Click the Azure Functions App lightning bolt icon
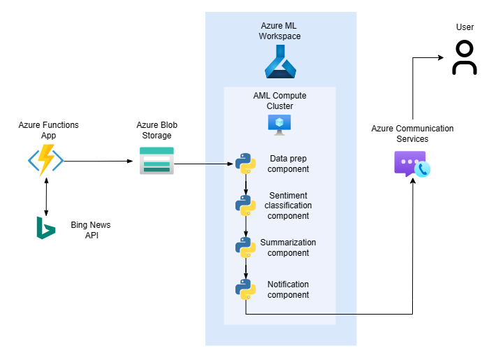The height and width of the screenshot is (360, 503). [x=46, y=160]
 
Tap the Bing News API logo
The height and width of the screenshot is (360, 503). [x=46, y=228]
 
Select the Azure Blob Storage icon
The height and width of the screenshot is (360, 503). [x=156, y=160]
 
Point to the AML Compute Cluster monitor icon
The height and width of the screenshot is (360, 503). [x=280, y=123]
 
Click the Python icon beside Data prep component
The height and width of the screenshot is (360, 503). [x=245, y=164]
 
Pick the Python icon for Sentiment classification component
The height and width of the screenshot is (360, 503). [x=245, y=205]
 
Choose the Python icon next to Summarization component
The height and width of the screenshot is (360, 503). [x=245, y=247]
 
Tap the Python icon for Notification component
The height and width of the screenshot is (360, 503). [x=245, y=289]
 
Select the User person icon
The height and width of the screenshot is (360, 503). [x=465, y=57]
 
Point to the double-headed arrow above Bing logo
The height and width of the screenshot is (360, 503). [x=46, y=196]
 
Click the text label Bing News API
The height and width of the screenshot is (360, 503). [x=91, y=230]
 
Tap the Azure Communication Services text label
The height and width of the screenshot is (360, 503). [x=412, y=134]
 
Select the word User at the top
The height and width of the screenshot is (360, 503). [x=465, y=27]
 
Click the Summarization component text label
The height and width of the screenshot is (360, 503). [x=288, y=247]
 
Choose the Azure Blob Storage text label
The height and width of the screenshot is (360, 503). [x=156, y=130]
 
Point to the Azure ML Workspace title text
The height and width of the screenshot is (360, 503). [x=281, y=31]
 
